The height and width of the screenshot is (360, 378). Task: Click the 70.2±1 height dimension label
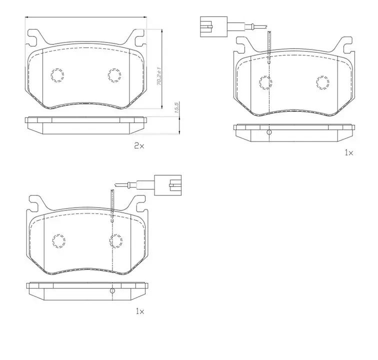(159, 76)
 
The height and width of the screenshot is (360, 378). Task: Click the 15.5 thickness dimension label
(176, 108)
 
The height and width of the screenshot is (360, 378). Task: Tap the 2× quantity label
(139, 145)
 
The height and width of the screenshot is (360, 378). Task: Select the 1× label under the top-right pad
(349, 152)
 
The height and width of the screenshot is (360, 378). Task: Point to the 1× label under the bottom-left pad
(140, 311)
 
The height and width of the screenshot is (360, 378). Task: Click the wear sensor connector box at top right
(213, 26)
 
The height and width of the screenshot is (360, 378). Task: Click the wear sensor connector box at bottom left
(168, 185)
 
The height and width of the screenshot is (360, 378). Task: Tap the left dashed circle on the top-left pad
(57, 75)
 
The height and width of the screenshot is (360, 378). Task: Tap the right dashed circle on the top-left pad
(114, 75)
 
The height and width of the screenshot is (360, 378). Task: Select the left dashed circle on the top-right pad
(265, 82)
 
